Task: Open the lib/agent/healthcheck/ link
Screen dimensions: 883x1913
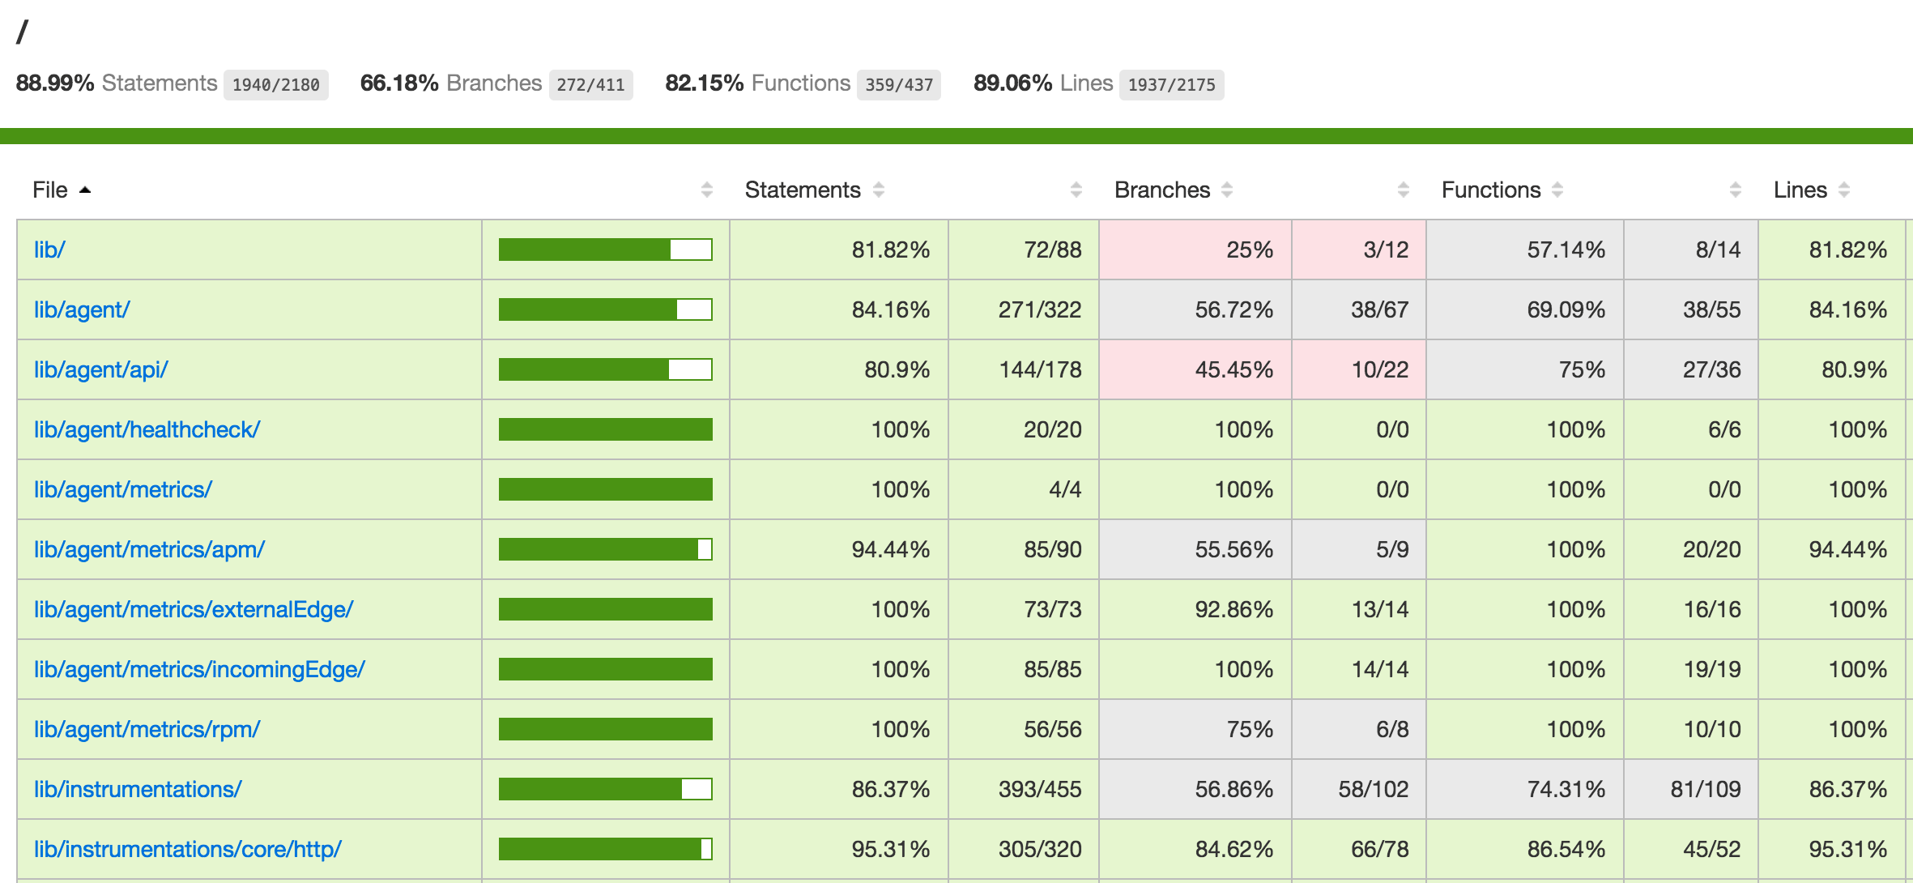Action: [147, 429]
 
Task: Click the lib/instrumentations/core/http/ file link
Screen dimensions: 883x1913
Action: [187, 849]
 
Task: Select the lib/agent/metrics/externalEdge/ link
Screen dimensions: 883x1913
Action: [193, 609]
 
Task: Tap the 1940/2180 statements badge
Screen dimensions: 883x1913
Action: [275, 84]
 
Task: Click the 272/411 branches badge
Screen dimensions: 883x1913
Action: [590, 84]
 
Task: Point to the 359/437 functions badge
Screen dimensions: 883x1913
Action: [899, 84]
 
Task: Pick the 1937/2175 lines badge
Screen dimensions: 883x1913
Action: [1171, 84]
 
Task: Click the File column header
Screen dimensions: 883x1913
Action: [50, 190]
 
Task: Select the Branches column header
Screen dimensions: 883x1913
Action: [1161, 190]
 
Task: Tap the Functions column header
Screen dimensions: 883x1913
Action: [1490, 190]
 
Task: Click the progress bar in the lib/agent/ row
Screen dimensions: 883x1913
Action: [605, 309]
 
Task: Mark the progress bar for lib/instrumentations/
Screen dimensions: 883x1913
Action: [605, 789]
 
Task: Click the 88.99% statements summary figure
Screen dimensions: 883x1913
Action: [55, 83]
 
